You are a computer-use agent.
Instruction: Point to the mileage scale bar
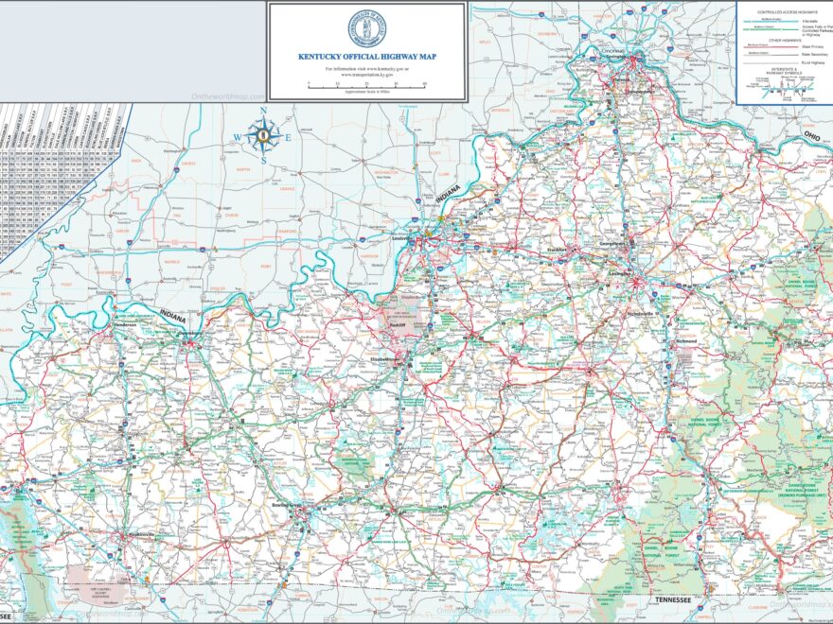pos(367,84)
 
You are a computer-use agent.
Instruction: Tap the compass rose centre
pos(263,136)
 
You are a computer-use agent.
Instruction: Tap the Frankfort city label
pos(555,250)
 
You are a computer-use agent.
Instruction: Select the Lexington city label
pos(621,273)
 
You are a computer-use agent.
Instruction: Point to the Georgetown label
pos(612,244)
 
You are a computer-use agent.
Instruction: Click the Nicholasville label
pos(640,313)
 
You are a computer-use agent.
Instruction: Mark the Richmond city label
pos(686,340)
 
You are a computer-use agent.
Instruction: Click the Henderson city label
pos(126,325)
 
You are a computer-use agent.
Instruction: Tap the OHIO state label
pos(811,135)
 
